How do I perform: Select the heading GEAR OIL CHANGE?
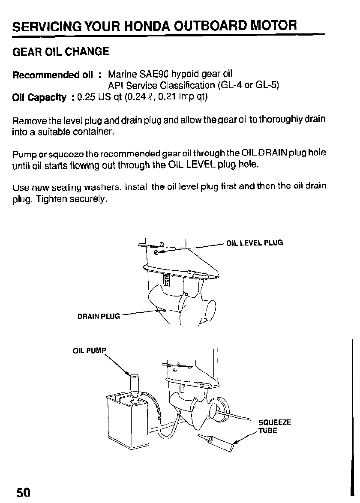click(x=61, y=52)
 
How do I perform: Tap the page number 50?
click(x=24, y=492)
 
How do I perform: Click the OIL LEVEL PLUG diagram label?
click(x=255, y=243)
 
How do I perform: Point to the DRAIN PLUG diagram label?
click(x=99, y=317)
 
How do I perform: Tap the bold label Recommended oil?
click(x=52, y=75)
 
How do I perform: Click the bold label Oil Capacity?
click(x=39, y=97)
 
